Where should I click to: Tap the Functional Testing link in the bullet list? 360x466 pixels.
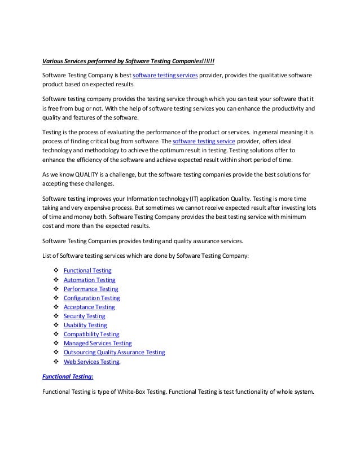click(x=87, y=271)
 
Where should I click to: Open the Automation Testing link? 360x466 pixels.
click(x=89, y=280)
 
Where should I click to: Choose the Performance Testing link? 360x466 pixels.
click(x=90, y=289)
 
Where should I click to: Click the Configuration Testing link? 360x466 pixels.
click(x=91, y=298)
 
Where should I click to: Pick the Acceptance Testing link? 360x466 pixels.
click(x=89, y=307)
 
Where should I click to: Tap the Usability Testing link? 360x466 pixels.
click(x=85, y=325)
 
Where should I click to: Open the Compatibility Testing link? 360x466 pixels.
click(x=91, y=334)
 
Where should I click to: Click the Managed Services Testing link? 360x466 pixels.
click(x=98, y=343)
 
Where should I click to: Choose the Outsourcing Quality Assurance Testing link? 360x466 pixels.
click(x=114, y=352)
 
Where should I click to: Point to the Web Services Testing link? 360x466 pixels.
click(x=91, y=361)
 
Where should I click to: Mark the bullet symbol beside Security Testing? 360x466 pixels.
click(x=56, y=316)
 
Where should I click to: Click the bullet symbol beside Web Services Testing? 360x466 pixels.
click(x=56, y=361)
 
